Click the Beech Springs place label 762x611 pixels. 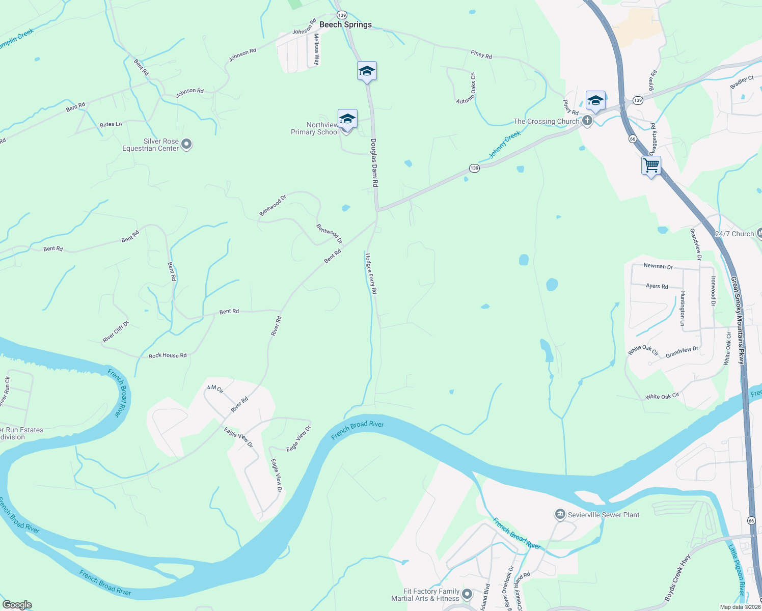(x=345, y=24)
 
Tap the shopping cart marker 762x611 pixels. (x=651, y=166)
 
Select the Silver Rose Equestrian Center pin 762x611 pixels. (x=186, y=145)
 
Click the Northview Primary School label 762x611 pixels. (x=315, y=129)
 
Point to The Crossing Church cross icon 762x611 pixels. (x=587, y=121)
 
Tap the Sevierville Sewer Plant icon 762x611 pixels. (x=560, y=515)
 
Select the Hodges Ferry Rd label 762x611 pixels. (x=370, y=273)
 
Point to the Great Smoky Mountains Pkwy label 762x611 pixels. (x=738, y=320)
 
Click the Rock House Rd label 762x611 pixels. (x=168, y=355)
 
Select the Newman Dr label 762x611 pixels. (x=658, y=266)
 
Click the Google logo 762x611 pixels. (x=17, y=605)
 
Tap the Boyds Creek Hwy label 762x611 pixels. (x=677, y=577)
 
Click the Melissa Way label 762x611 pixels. (x=316, y=49)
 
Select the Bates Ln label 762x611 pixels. (x=111, y=124)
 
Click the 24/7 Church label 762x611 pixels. (x=734, y=234)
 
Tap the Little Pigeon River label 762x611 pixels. (x=737, y=570)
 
